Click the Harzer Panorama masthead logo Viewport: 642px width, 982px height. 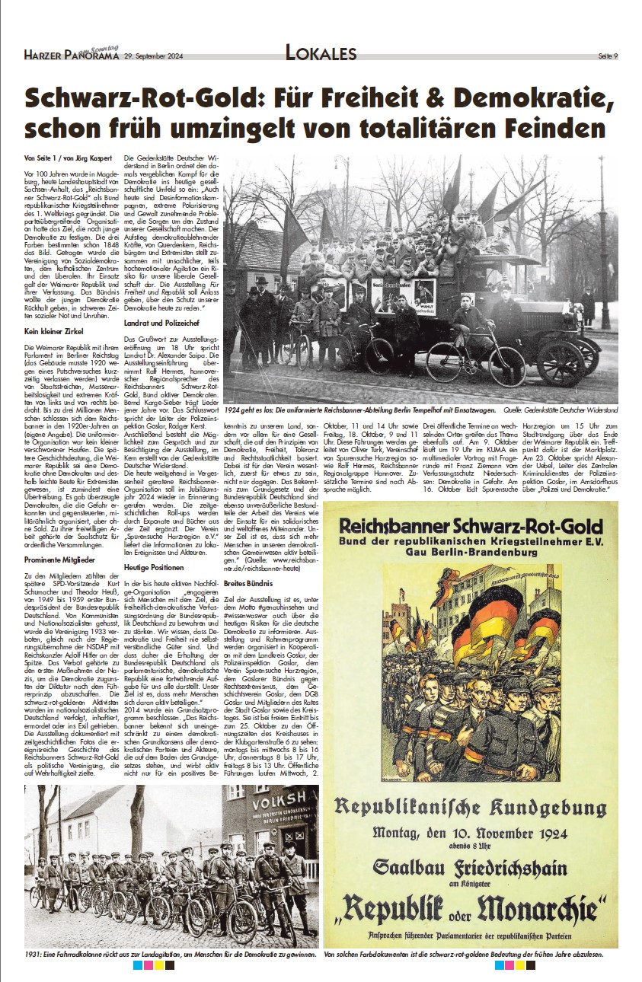coord(71,53)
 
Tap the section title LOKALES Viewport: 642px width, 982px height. coord(321,53)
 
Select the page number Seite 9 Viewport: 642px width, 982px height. coord(607,56)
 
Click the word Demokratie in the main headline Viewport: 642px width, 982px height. coord(532,100)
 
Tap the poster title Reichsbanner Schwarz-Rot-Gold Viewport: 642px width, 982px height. coord(470,526)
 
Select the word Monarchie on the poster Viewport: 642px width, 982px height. coord(541,905)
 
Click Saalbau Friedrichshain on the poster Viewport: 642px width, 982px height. coord(470,867)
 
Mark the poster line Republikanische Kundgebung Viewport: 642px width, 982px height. coord(470,806)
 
